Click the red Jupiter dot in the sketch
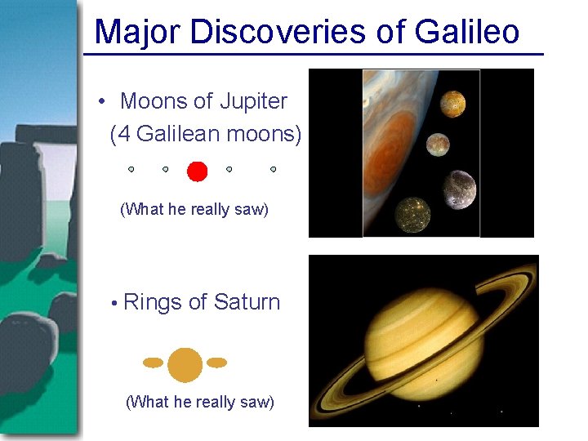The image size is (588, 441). [x=197, y=171]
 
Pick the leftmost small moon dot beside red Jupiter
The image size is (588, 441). [x=131, y=169]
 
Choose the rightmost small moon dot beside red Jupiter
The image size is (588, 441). [x=273, y=169]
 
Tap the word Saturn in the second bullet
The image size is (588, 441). [x=247, y=302]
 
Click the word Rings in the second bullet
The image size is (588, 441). [x=153, y=302]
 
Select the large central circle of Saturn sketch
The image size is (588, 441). [x=185, y=364]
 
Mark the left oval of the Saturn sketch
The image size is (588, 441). [x=153, y=363]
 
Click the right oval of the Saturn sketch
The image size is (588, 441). [x=216, y=362]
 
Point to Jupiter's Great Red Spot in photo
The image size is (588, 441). [x=396, y=135]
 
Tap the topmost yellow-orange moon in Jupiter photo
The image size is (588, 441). [x=452, y=103]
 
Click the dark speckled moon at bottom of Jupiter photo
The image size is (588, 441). [x=412, y=214]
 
